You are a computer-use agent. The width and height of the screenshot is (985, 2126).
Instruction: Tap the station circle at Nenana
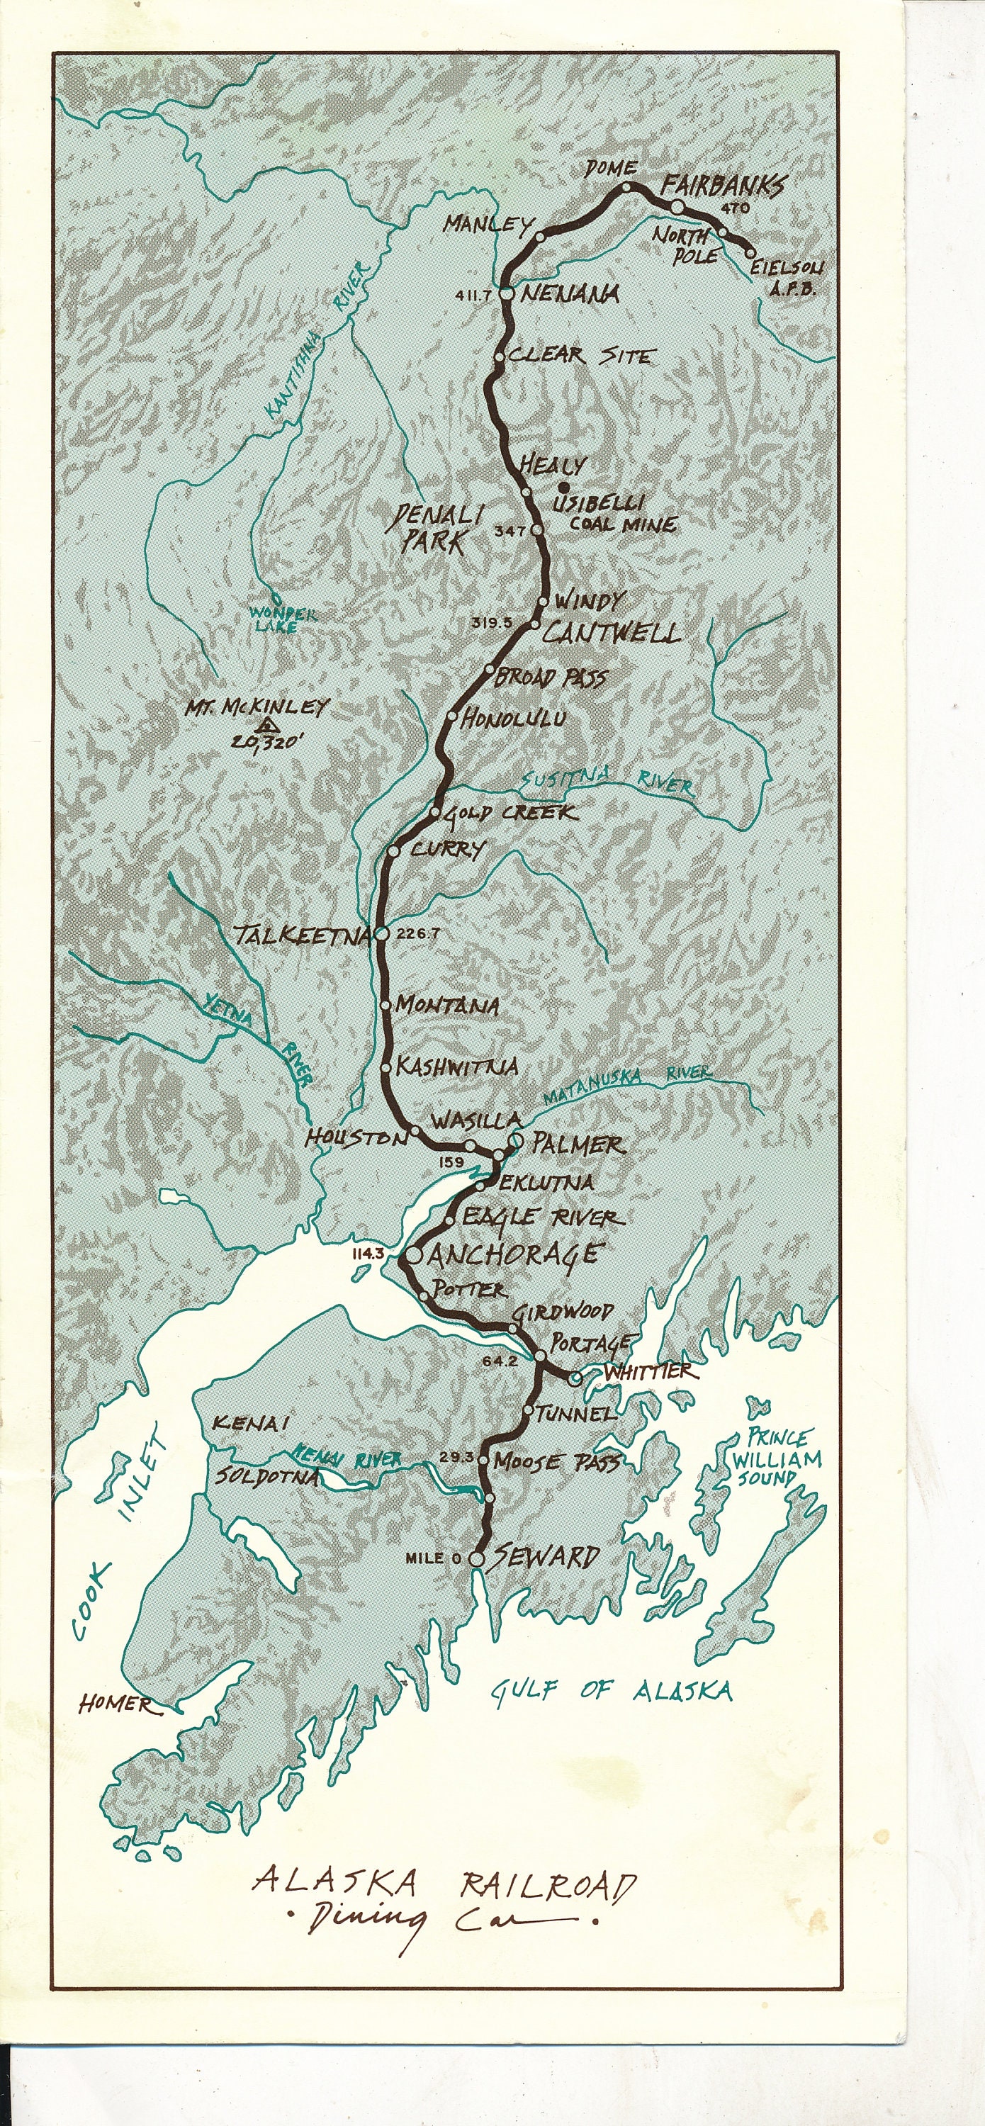click(x=507, y=293)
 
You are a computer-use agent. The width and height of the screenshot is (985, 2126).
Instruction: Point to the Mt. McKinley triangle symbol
click(x=265, y=727)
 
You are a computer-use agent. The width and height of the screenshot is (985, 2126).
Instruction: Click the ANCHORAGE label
click(x=513, y=1254)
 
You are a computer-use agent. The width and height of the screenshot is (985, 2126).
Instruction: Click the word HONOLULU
click(x=513, y=718)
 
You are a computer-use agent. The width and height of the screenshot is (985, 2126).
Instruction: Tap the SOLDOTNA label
click(x=266, y=1476)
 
